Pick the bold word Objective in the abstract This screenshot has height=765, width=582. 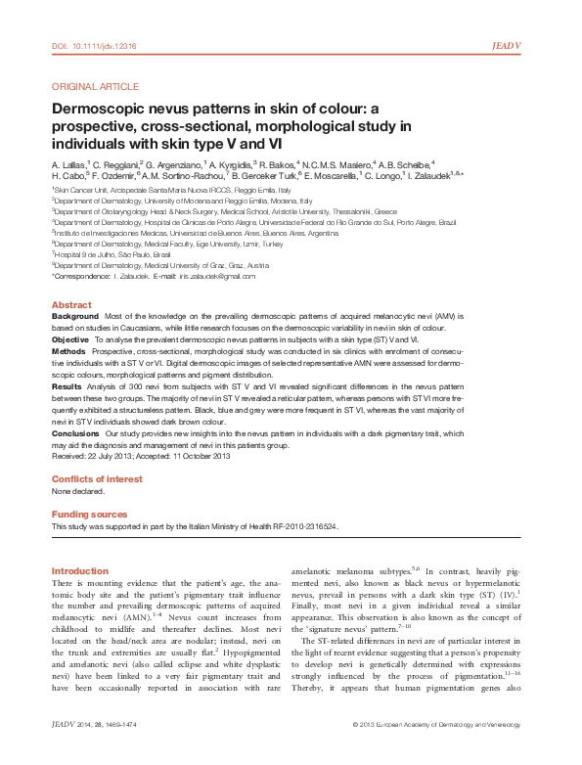point(70,337)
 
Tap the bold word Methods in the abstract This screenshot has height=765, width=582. point(68,348)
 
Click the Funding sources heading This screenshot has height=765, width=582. point(89,514)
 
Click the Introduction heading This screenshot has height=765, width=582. point(79,569)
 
